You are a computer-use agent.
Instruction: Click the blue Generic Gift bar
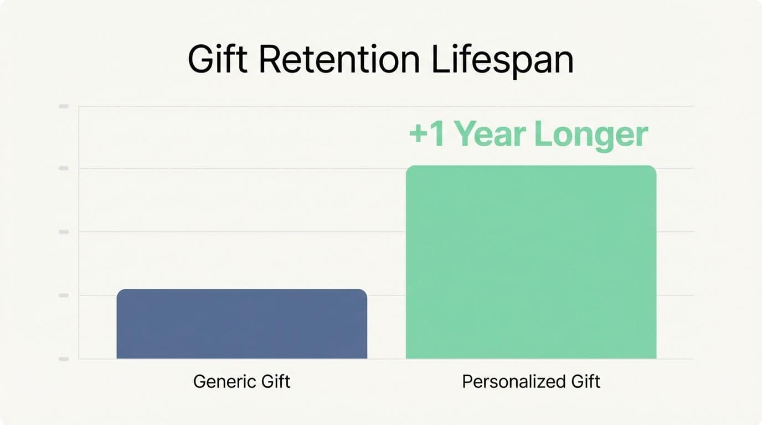point(241,324)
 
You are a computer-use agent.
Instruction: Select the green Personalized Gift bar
point(531,262)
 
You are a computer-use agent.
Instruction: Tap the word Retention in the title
point(339,60)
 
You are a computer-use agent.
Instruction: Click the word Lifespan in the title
point(502,60)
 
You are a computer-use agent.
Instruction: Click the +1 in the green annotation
point(427,134)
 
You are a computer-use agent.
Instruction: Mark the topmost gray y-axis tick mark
point(64,106)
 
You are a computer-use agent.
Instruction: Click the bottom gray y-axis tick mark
point(64,359)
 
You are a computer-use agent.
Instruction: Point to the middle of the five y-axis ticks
point(64,232)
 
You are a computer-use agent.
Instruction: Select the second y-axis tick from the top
point(64,168)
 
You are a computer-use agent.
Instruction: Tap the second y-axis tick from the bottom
point(64,296)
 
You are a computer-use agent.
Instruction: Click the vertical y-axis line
point(79,232)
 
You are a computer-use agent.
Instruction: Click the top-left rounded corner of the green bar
point(409,169)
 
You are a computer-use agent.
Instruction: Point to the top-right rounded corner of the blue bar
point(364,292)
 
